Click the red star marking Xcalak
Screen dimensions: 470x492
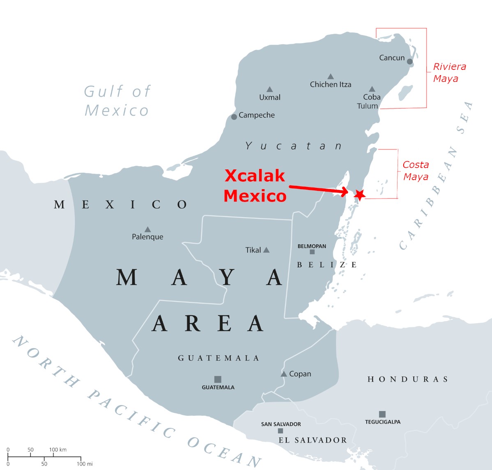click(x=360, y=194)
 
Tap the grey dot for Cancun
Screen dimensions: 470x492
click(x=409, y=62)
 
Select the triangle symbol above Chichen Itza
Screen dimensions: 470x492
click(x=331, y=76)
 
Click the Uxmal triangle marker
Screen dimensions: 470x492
click(x=269, y=89)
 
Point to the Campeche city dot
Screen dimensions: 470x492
click(x=234, y=117)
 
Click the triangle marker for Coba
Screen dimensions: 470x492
click(x=372, y=89)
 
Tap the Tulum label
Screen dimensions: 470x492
click(x=367, y=106)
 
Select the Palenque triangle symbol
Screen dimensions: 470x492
click(x=147, y=229)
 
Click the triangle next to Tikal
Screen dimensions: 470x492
click(x=266, y=250)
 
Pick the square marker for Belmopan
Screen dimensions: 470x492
click(x=312, y=252)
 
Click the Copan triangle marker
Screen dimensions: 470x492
click(x=284, y=374)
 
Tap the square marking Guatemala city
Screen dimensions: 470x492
click(x=218, y=379)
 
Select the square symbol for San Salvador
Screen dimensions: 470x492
click(x=280, y=431)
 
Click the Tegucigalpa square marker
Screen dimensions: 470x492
click(x=382, y=414)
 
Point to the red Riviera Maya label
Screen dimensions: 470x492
click(x=449, y=72)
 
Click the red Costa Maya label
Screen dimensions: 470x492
click(x=416, y=171)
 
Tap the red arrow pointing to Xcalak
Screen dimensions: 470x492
click(x=318, y=189)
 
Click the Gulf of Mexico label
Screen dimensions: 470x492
click(x=117, y=101)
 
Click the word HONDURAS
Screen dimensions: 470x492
click(x=407, y=379)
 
